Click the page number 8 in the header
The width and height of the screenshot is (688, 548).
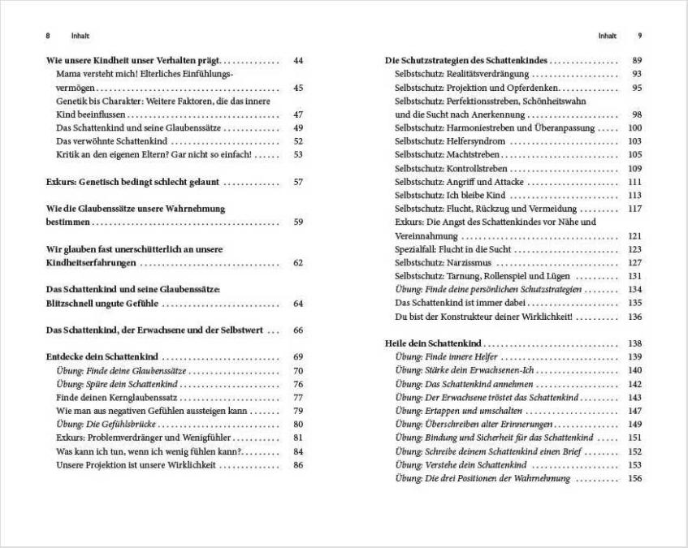tap(48, 36)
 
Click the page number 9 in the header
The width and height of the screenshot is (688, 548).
tap(640, 36)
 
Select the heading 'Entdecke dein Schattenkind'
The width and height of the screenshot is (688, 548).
tap(102, 357)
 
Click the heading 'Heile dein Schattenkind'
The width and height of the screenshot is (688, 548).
tap(433, 343)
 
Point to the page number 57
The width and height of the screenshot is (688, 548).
tap(297, 182)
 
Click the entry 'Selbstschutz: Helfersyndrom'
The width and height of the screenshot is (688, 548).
tap(445, 141)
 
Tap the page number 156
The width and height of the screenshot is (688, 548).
tap(635, 478)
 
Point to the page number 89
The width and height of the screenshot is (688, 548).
tap(637, 61)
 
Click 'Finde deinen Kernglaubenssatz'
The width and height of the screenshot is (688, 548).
tap(117, 398)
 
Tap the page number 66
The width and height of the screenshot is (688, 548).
tap(297, 330)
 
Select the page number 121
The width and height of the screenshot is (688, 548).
tap(635, 235)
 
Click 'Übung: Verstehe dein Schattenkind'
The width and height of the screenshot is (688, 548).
tap(461, 465)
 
